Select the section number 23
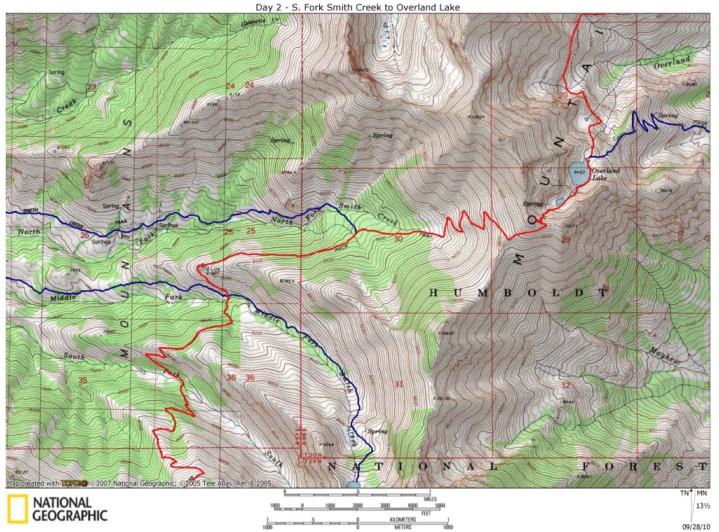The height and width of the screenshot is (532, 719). [x=92, y=87]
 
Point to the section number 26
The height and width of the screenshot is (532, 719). [x=86, y=235]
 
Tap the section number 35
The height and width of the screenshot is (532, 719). [x=82, y=380]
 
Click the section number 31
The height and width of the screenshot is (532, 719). [x=399, y=384]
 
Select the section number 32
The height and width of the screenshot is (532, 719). [x=565, y=386]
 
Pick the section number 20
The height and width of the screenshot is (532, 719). [x=562, y=95]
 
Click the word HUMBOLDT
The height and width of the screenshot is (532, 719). [x=518, y=293]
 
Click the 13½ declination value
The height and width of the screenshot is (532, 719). [x=702, y=506]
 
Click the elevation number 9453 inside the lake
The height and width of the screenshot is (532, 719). [x=579, y=172]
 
